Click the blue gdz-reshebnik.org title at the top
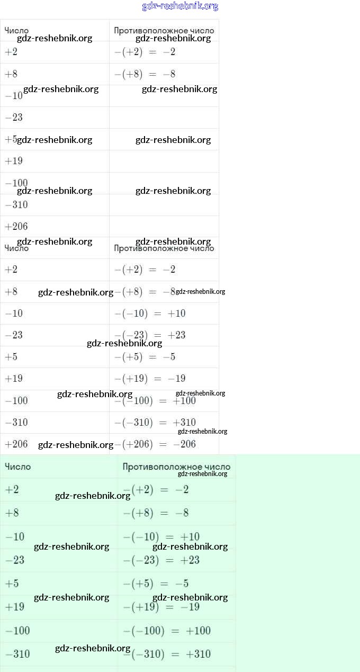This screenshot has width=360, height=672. point(180,6)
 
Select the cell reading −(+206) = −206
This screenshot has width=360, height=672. point(155,444)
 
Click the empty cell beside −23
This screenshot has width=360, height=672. point(164,118)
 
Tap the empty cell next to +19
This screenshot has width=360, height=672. point(164,161)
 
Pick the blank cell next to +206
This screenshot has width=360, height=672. point(164,226)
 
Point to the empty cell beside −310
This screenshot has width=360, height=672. point(164,204)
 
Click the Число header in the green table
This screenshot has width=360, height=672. point(18,467)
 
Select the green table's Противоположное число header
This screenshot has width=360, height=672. point(176,467)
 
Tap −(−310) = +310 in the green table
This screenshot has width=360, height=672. point(167,654)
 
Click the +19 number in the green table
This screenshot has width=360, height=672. point(15,607)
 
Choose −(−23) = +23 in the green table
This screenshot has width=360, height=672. point(161,560)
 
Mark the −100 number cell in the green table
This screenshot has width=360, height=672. point(17,631)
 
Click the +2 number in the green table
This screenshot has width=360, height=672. point(12,490)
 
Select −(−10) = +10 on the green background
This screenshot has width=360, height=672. point(161,537)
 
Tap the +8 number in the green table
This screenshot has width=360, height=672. point(12,513)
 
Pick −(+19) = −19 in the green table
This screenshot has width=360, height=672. point(161,607)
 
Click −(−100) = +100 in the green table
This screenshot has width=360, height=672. point(167,631)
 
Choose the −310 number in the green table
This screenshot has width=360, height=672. point(17,654)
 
